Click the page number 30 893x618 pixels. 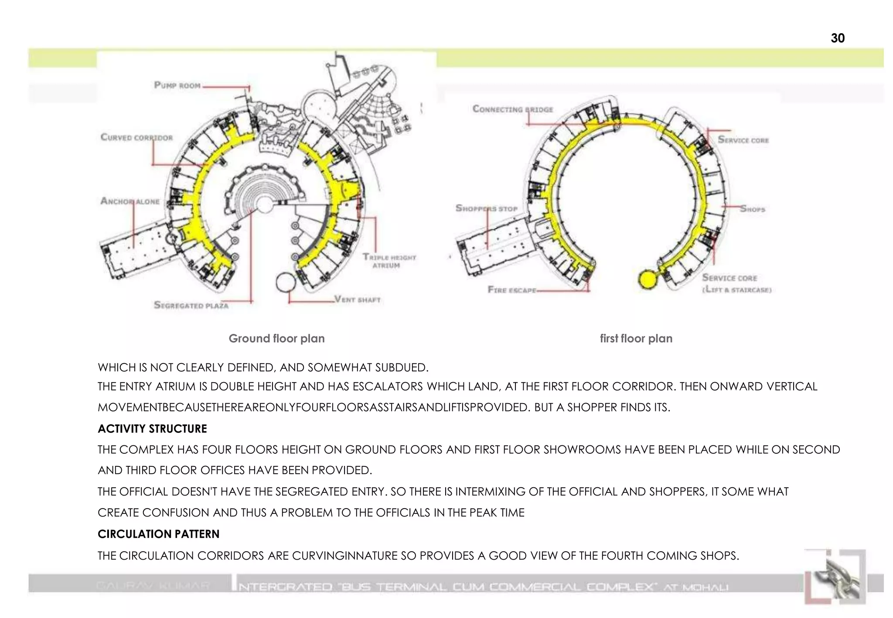click(x=837, y=38)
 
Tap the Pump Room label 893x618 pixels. click(x=177, y=85)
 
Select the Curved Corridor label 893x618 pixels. click(x=136, y=138)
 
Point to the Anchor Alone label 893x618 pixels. click(x=130, y=201)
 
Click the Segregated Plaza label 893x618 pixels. click(x=191, y=306)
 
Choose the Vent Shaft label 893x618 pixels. click(x=357, y=299)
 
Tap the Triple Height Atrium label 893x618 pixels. click(x=389, y=261)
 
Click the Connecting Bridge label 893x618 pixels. click(x=512, y=109)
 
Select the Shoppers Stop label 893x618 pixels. click(x=486, y=208)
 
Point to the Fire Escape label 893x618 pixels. click(x=511, y=290)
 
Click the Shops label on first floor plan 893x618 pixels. click(x=752, y=209)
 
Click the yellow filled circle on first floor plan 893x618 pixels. click(x=647, y=279)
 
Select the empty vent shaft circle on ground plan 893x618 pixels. click(x=286, y=282)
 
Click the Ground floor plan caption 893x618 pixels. click(x=276, y=339)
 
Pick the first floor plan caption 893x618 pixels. click(x=636, y=339)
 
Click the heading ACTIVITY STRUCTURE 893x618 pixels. click(x=152, y=429)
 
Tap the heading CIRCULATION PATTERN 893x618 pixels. click(x=158, y=534)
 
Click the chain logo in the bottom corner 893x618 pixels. click(x=835, y=577)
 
